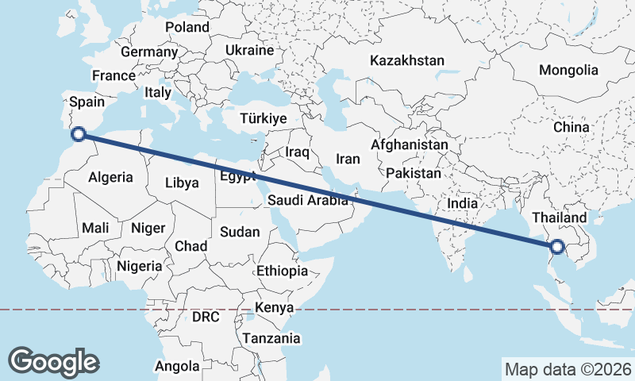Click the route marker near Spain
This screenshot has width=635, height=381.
click(79, 134)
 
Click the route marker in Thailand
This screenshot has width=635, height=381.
click(557, 248)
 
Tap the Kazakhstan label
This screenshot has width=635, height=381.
click(407, 60)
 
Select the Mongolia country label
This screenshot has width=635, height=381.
click(568, 70)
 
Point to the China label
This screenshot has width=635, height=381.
click(571, 127)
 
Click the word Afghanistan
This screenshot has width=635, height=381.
click(410, 145)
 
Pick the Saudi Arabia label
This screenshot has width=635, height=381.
click(308, 201)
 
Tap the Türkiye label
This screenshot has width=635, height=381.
click(263, 118)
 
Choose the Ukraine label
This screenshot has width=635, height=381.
click(249, 50)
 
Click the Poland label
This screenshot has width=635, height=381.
click(187, 27)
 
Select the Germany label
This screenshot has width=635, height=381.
click(149, 52)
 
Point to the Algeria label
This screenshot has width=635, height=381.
click(111, 178)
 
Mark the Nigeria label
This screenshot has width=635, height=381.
click(139, 266)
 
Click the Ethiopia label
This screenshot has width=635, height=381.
click(282, 271)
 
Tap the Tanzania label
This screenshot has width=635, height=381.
click(272, 338)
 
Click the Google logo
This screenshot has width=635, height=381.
click(53, 362)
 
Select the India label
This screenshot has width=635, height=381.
click(463, 203)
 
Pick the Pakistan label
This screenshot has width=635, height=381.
click(414, 173)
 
